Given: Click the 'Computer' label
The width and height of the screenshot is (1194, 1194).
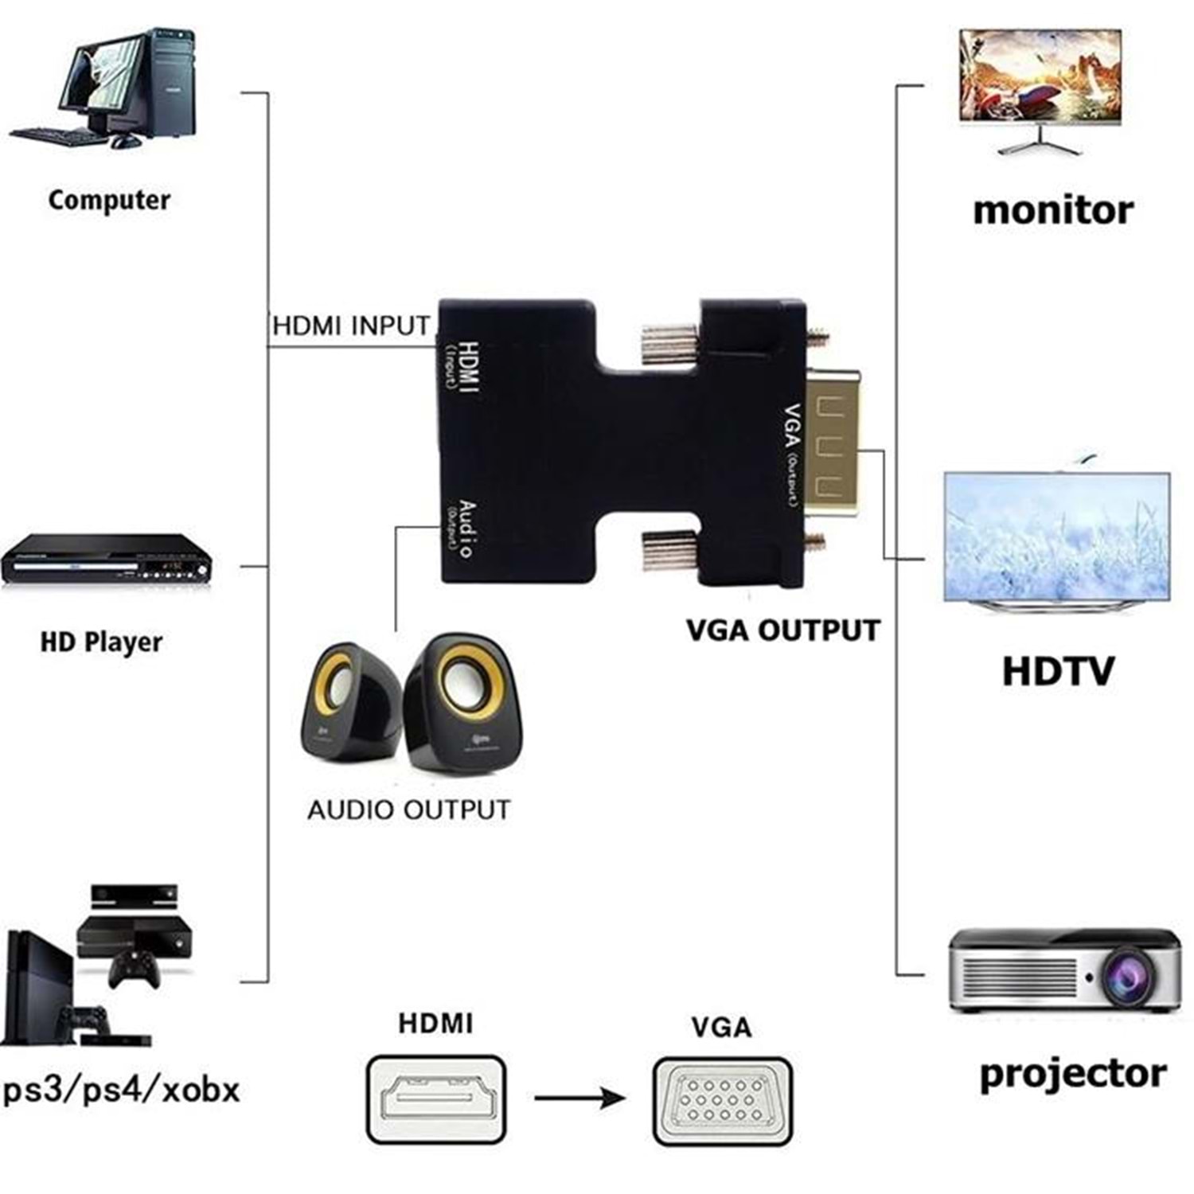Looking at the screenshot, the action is (x=109, y=200).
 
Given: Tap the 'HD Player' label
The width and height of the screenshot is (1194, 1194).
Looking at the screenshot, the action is (x=101, y=642).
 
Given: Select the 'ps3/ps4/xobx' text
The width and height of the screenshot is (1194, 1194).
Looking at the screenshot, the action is (x=121, y=1089).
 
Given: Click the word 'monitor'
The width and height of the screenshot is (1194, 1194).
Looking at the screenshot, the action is (x=1053, y=210).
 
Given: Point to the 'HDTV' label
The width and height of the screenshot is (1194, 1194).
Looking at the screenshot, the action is (x=1057, y=670).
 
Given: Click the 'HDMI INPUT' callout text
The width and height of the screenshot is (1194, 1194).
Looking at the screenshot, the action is (x=351, y=326).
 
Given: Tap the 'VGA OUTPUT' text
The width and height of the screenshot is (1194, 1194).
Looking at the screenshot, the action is (x=783, y=630).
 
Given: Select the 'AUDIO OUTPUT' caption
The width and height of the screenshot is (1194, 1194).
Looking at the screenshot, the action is (x=408, y=810).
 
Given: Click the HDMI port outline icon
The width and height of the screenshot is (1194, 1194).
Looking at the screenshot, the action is (x=436, y=1099).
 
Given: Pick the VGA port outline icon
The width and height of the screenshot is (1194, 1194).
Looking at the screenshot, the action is (x=722, y=1101).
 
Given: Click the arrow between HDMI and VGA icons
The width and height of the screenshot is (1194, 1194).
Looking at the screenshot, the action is (x=579, y=1099).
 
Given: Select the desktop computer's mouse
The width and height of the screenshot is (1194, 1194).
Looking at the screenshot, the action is (x=125, y=142).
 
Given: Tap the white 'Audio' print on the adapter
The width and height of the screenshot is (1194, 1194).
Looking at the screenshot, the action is (x=467, y=529).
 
